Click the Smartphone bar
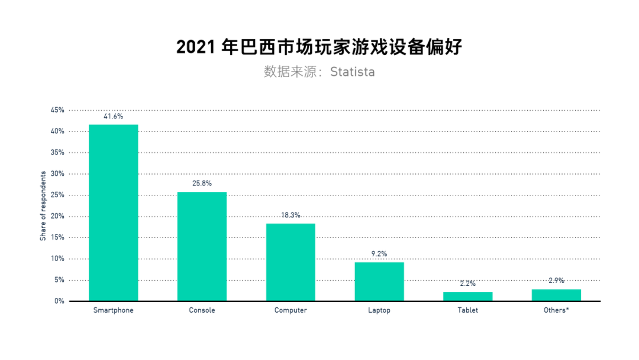click(x=113, y=213)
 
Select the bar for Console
click(x=202, y=246)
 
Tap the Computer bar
click(x=290, y=262)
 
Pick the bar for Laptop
click(x=379, y=281)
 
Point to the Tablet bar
click(x=467, y=296)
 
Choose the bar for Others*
click(x=556, y=295)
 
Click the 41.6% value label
click(x=113, y=117)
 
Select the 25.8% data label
click(x=202, y=184)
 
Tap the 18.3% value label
click(x=290, y=216)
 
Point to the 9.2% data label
click(x=379, y=254)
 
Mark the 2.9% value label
click(x=556, y=281)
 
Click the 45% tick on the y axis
click(x=57, y=110)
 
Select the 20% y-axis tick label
click(x=57, y=217)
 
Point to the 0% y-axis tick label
click(x=59, y=301)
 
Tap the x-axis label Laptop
click(x=379, y=310)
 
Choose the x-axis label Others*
click(x=556, y=310)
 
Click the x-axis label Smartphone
click(x=113, y=310)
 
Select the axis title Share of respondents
click(x=43, y=206)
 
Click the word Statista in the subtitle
click(x=353, y=72)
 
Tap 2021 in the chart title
click(x=196, y=47)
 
